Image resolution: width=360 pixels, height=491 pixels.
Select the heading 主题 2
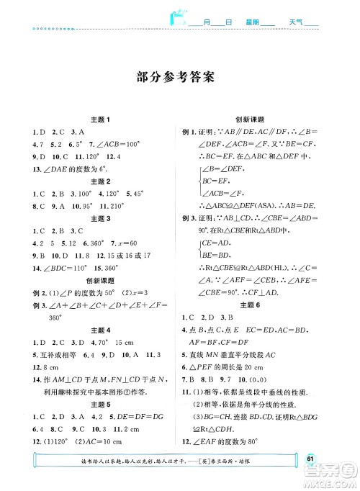click(x=97, y=181)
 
